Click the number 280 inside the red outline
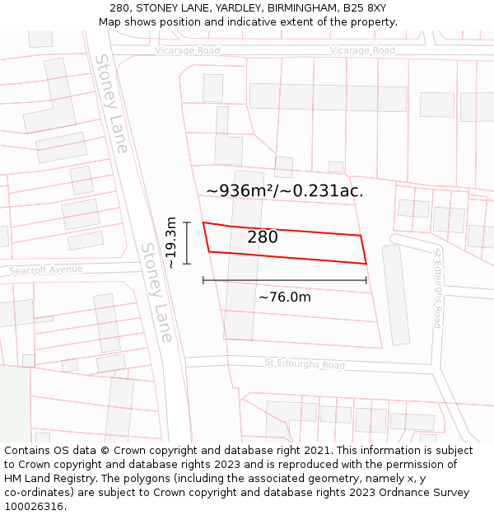pos(263,237)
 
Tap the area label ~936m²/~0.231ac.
pos(284,191)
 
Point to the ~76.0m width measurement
pos(285,297)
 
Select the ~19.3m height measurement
pos(171,243)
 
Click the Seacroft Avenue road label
pos(46,269)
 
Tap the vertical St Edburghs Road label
pos(438,288)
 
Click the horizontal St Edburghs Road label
pos(305,364)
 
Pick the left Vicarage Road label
pos(188,51)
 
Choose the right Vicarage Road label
pos(362,51)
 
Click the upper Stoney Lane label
pos(111,103)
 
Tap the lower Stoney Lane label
pos(156,293)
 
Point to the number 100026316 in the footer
pos(34,507)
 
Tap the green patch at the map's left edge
pos(14,404)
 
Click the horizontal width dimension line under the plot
pos(285,281)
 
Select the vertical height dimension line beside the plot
pos(187,243)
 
